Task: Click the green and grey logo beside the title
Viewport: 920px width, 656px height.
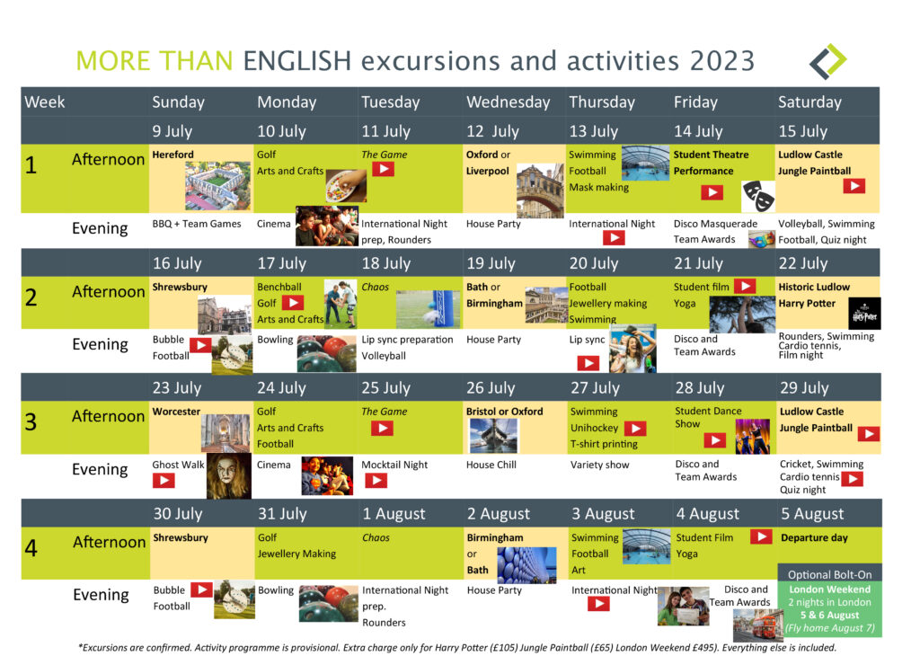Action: [x=827, y=62]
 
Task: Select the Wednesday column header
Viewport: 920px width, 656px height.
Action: [x=509, y=102]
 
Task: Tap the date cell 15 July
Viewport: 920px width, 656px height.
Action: [x=802, y=131]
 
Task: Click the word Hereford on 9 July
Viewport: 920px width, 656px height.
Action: [x=172, y=155]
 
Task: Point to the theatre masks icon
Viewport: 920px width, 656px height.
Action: [x=758, y=196]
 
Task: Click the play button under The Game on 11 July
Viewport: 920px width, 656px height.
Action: [x=383, y=170]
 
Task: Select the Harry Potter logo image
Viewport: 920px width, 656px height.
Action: [x=864, y=314]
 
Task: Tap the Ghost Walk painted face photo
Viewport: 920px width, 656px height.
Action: [x=229, y=476]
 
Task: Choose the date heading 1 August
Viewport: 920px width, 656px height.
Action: [x=394, y=513]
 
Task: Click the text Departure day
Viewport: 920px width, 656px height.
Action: [x=814, y=537]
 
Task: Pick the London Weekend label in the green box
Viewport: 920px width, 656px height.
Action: [x=829, y=590]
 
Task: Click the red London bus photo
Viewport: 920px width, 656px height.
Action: [x=758, y=625]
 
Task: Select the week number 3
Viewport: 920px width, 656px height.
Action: [x=31, y=421]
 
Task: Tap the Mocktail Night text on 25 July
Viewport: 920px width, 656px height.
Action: [x=394, y=465]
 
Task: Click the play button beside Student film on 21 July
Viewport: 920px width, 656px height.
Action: [x=745, y=286]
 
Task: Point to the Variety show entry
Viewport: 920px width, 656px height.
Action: [x=599, y=465]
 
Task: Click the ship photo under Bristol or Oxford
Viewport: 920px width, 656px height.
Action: [x=493, y=435]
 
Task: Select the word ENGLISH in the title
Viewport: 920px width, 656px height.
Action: [x=296, y=61]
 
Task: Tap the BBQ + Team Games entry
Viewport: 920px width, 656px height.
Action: [x=197, y=224]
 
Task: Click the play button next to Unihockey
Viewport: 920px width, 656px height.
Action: [x=635, y=429]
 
